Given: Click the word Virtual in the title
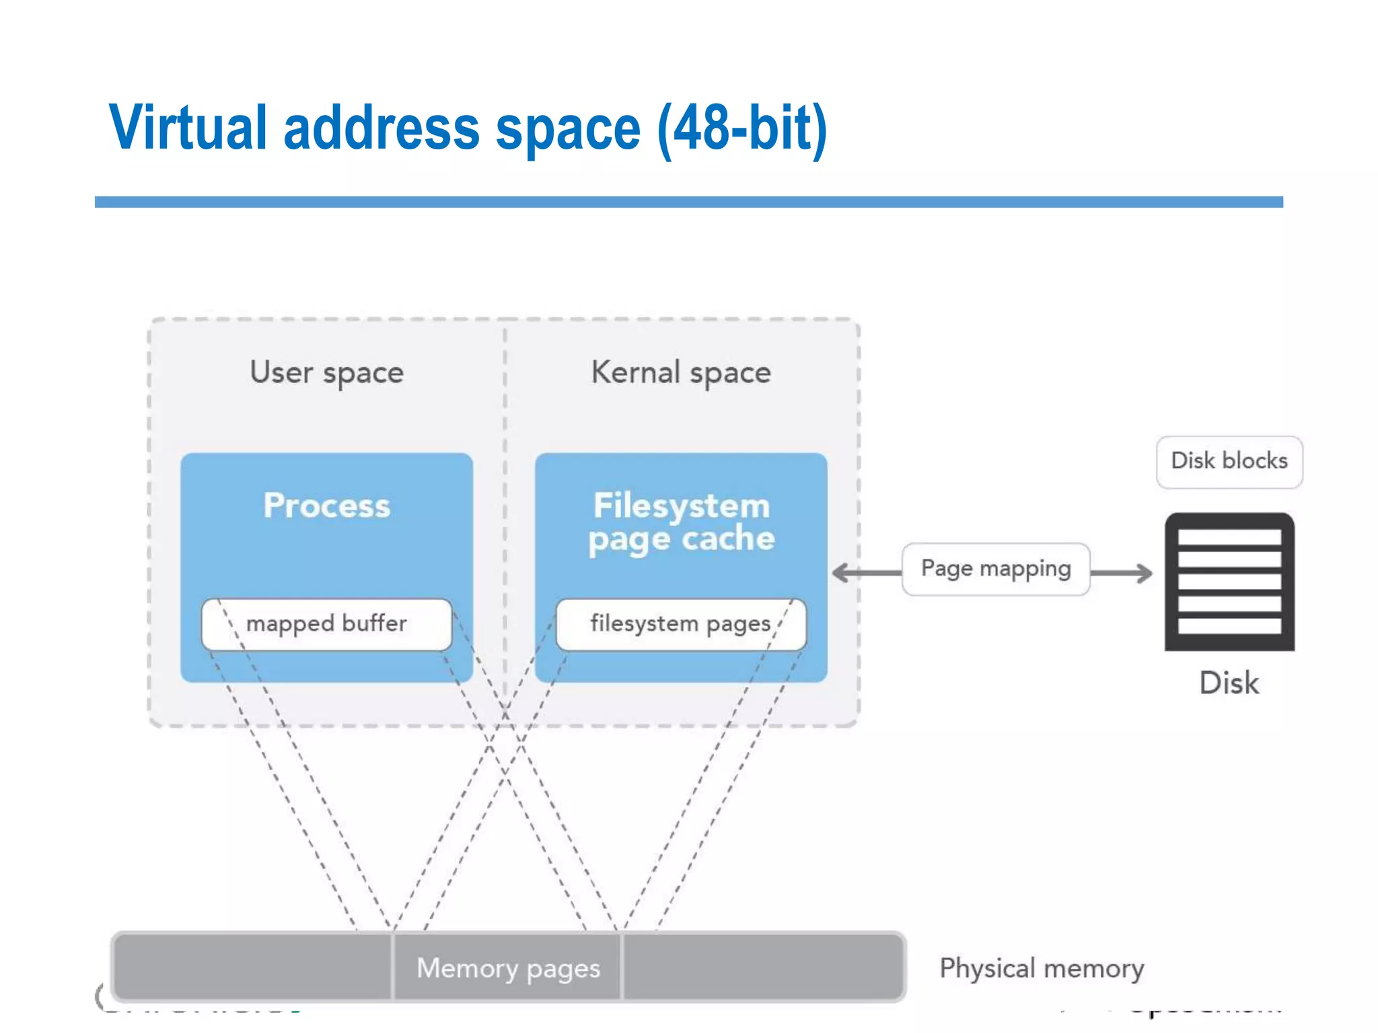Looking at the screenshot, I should [x=188, y=128].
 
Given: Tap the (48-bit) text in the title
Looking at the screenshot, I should [x=742, y=129].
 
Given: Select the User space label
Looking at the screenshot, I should [x=327, y=373].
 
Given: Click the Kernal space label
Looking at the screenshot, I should [x=681, y=373].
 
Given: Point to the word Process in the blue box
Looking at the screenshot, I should [x=327, y=505].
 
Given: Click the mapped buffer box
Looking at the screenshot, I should [x=327, y=624].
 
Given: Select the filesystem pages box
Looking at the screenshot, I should [x=681, y=624].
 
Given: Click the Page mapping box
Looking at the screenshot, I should [x=996, y=569].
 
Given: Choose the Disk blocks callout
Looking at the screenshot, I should [x=1229, y=461].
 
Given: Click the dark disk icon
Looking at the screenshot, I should [x=1229, y=582].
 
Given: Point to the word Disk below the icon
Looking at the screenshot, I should [x=1229, y=683].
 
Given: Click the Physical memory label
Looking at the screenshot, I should [x=1042, y=968].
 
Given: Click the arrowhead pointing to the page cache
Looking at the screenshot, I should [x=841, y=573].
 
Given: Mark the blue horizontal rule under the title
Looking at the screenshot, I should [x=688, y=202].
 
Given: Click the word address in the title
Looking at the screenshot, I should [x=382, y=128].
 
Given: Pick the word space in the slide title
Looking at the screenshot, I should [x=568, y=129].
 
